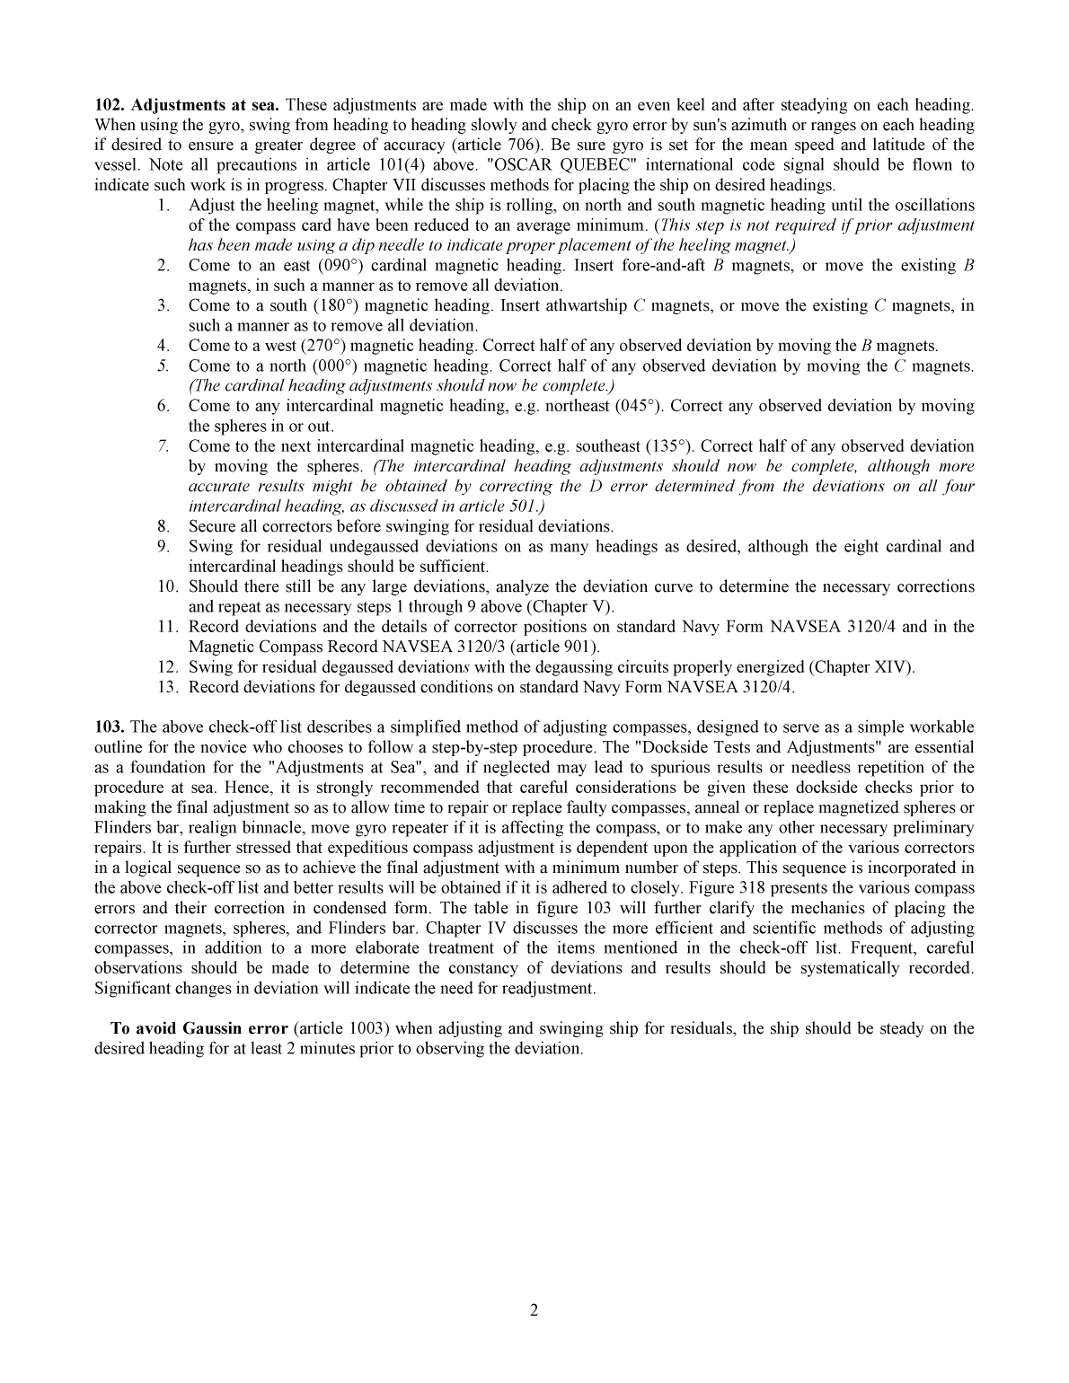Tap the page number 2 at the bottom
pyautogui.click(x=534, y=1310)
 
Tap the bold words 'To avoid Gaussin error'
pyautogui.click(x=199, y=1028)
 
